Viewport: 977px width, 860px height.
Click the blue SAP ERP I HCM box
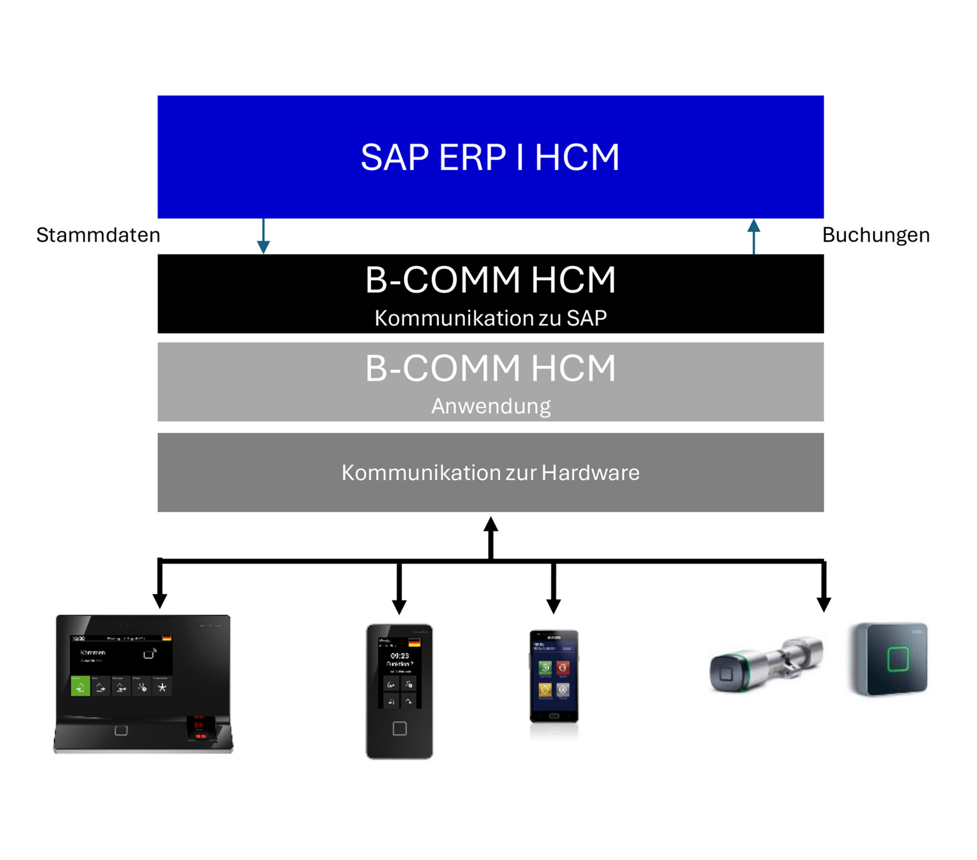pyautogui.click(x=490, y=157)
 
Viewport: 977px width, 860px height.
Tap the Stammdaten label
pyautogui.click(x=98, y=235)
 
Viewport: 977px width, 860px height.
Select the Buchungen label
pyautogui.click(x=876, y=235)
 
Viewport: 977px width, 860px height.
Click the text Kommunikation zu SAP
pyautogui.click(x=491, y=318)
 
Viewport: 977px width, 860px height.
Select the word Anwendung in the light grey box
pyautogui.click(x=491, y=406)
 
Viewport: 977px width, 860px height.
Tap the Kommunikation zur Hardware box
pyautogui.click(x=490, y=472)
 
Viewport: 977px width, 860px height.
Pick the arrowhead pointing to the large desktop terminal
pyautogui.click(x=160, y=600)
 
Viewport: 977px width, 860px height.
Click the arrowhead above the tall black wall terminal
pyautogui.click(x=399, y=606)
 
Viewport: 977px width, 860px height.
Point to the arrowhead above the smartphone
pyautogui.click(x=553, y=605)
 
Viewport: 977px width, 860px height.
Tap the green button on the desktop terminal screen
pyautogui.click(x=80, y=687)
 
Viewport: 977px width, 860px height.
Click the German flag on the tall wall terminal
pyautogui.click(x=414, y=643)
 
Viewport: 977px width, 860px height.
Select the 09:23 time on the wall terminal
pyautogui.click(x=399, y=656)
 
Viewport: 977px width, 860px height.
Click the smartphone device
pyautogui.click(x=554, y=676)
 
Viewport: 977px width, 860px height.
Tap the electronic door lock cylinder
pyautogui.click(x=766, y=665)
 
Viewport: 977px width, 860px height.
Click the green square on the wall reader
pyautogui.click(x=898, y=660)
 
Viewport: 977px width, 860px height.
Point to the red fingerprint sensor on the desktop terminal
pyautogui.click(x=198, y=728)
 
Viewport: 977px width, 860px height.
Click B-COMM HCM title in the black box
pyautogui.click(x=491, y=280)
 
